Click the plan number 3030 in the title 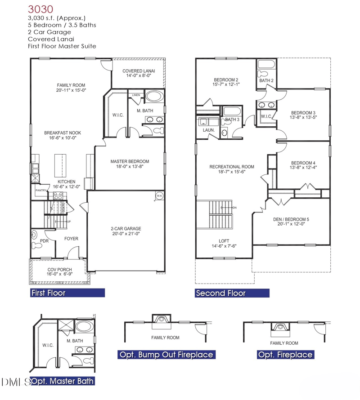point(40,9)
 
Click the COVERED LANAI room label point(139,71)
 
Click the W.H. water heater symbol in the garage point(159,196)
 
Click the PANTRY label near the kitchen point(41,191)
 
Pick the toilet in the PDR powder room point(35,235)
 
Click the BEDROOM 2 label point(226,79)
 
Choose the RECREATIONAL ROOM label point(232,167)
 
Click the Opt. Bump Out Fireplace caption point(165,355)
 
